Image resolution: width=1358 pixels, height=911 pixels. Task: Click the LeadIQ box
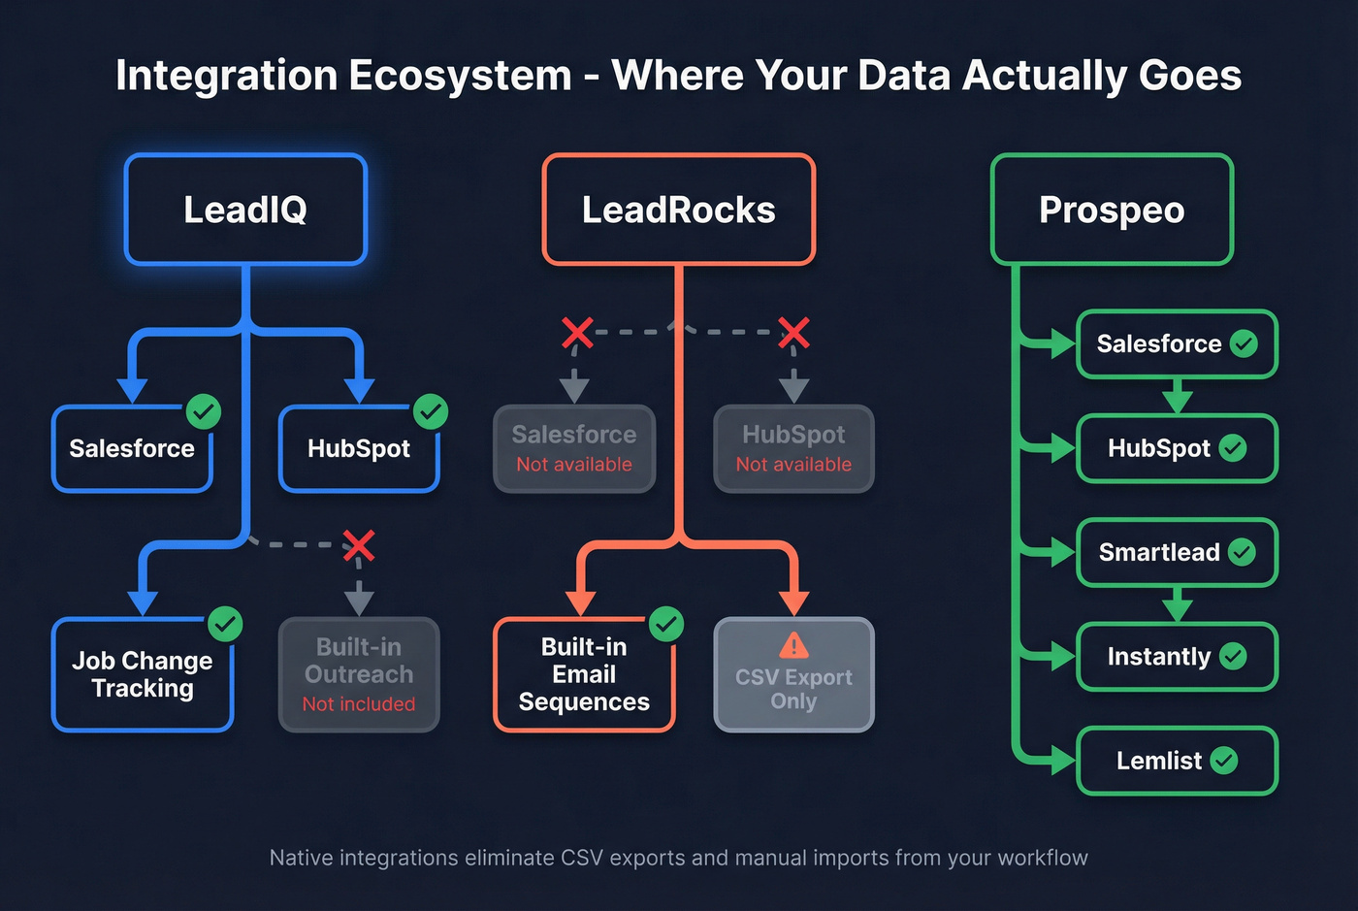tap(245, 210)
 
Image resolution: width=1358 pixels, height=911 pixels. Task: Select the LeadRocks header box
tap(678, 210)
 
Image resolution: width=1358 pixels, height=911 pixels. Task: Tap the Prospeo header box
tap(1112, 210)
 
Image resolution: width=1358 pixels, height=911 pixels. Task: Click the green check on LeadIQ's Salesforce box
tap(204, 411)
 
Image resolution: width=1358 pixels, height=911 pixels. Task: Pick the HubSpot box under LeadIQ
tap(359, 449)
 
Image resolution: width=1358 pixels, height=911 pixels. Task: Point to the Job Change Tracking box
tap(142, 675)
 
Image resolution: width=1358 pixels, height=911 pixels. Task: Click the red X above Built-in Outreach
tap(359, 546)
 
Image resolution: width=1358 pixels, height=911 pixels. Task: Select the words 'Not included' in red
tap(359, 704)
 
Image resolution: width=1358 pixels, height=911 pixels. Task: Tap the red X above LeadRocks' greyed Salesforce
tap(577, 333)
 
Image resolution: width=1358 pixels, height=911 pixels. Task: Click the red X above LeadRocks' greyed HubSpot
tap(793, 333)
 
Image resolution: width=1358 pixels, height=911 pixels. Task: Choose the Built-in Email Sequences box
tap(584, 675)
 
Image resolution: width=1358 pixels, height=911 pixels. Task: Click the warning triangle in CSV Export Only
tap(793, 645)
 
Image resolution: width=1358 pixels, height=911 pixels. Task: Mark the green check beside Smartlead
tap(1242, 552)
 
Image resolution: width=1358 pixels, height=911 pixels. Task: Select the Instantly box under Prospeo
tap(1177, 657)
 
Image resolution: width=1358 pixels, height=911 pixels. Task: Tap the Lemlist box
tap(1177, 761)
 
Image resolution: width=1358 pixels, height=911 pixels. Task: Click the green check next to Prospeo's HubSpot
tap(1233, 448)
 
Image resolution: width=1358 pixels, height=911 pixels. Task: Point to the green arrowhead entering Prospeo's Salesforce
tap(1062, 343)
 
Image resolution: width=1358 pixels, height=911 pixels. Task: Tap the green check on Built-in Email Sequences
tap(666, 624)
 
